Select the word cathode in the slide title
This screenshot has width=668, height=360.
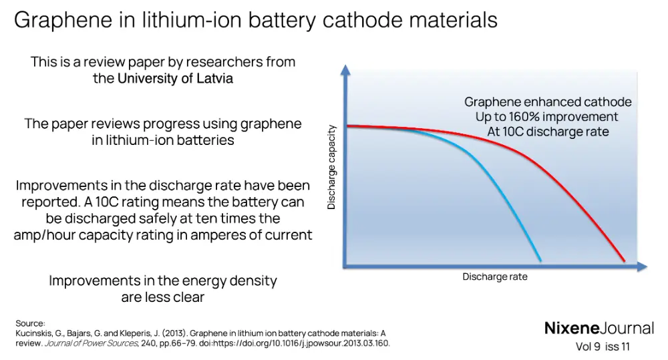[367, 20]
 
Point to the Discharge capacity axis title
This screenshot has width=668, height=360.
[331, 168]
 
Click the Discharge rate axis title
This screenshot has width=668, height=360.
[494, 277]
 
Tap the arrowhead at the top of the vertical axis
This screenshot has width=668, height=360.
[345, 69]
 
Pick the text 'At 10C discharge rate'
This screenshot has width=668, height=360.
[548, 132]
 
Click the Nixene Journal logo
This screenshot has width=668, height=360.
[599, 328]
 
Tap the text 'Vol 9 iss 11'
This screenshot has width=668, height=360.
[603, 347]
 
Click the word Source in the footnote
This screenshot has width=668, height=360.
[30, 323]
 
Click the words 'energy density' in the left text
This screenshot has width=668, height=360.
[230, 281]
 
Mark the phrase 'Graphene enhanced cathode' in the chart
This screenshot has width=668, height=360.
[548, 102]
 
